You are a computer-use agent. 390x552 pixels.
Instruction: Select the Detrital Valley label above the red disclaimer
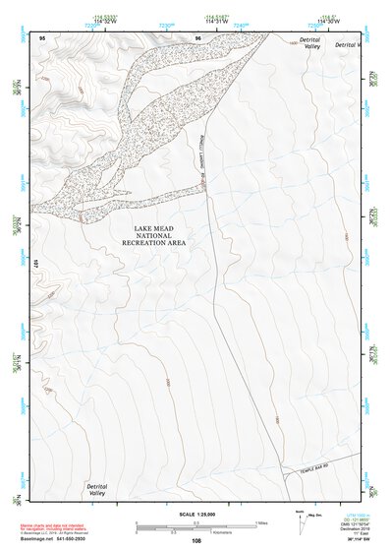pyautogui.click(x=96, y=489)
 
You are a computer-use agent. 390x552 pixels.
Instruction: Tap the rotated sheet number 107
pyautogui.click(x=34, y=263)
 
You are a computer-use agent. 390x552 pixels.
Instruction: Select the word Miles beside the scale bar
pyautogui.click(x=260, y=522)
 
